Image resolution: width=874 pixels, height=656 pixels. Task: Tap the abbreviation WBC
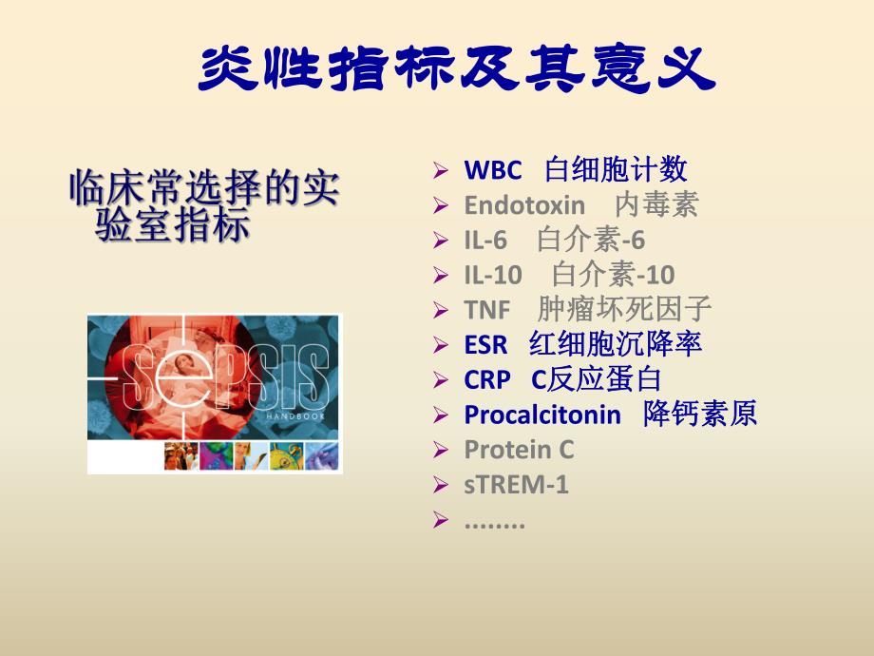tap(492, 171)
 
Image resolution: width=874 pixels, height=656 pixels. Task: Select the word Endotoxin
tap(524, 205)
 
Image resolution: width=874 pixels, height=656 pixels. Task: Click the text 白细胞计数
tap(616, 171)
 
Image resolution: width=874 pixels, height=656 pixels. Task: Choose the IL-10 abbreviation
tap(492, 276)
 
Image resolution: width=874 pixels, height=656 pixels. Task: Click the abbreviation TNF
tap(486, 310)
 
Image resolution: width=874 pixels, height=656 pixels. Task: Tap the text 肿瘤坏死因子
tap(624, 310)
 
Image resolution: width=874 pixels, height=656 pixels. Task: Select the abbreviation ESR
tap(485, 344)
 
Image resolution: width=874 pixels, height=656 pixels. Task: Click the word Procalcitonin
tap(541, 415)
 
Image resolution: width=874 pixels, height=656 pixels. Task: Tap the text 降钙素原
tap(700, 415)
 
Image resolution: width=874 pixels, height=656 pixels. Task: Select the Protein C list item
tap(519, 450)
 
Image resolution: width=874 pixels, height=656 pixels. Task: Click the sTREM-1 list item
tap(516, 485)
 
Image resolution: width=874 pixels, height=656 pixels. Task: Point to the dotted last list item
tap(494, 521)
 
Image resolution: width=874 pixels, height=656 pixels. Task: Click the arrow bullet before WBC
tap(439, 172)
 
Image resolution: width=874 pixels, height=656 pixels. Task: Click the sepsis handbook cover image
tap(215, 394)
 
